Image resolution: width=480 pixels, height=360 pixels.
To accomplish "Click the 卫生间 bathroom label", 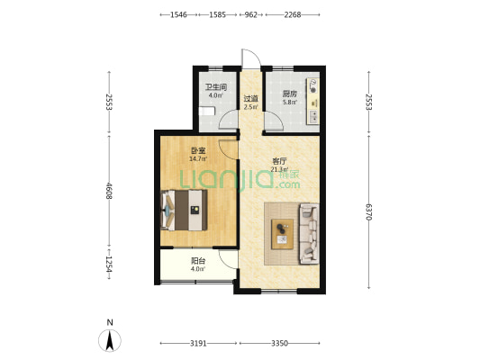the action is point(216,87).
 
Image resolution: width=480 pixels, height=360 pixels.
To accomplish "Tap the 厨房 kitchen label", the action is point(289,94).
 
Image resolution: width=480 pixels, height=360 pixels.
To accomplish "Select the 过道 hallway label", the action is point(250,99).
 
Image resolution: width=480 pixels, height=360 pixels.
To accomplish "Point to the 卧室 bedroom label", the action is point(198,150).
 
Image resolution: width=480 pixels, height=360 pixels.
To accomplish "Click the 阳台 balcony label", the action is point(198,261).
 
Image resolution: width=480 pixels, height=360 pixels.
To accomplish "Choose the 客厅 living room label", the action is point(279,161).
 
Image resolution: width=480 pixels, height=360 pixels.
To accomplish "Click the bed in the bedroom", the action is point(184,210).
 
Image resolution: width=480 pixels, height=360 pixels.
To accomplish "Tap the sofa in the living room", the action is point(309,234).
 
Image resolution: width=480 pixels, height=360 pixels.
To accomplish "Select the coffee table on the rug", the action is point(282,234).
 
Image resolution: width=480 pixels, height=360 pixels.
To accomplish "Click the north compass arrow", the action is point(110,340).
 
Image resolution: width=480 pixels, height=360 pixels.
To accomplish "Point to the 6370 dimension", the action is point(368,211).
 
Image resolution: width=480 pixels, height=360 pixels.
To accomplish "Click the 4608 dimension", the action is point(109,191).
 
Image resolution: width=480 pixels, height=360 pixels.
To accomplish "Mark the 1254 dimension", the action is point(109,264).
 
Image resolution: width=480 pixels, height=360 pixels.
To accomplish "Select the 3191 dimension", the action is point(198,343).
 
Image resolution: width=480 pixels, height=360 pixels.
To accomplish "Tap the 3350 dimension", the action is point(279,343).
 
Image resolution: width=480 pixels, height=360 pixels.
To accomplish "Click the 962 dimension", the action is point(250,14).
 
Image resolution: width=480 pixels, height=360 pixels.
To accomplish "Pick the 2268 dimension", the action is point(293,14).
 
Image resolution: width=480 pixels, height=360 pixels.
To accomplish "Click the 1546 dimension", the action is point(178,14).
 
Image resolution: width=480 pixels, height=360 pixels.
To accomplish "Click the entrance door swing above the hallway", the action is point(251,58).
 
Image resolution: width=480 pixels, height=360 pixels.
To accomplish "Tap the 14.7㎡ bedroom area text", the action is point(198,158).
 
